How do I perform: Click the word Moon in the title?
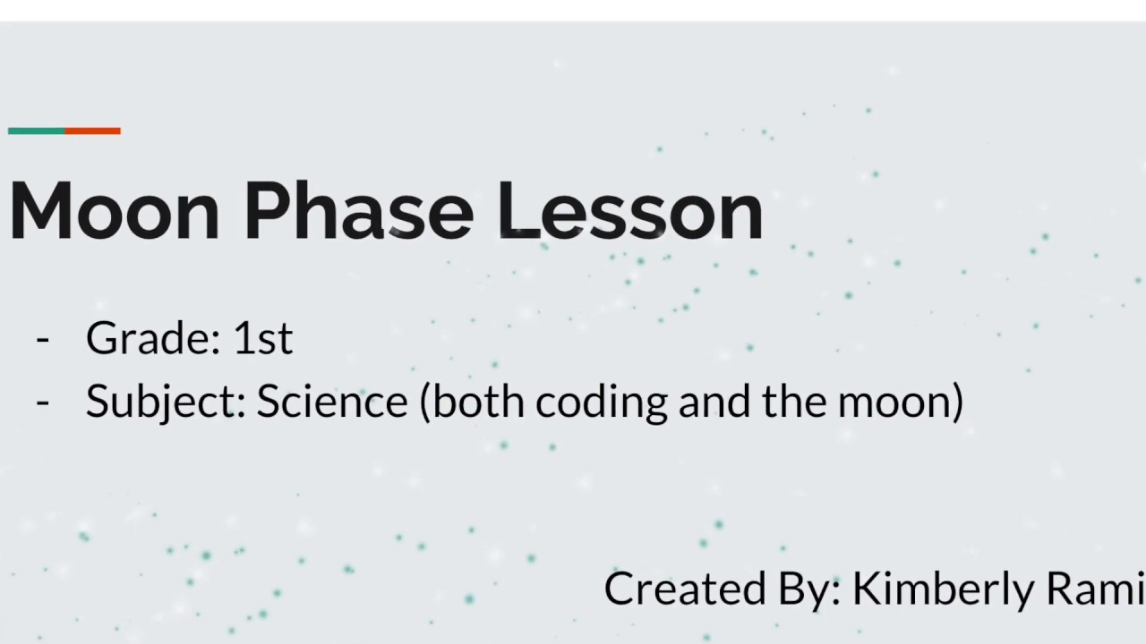[x=115, y=211]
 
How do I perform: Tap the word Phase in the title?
[x=358, y=211]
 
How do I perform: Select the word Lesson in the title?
[x=629, y=211]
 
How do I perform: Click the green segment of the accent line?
[x=36, y=131]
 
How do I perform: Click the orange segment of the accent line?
[x=92, y=131]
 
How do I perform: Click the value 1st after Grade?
[x=262, y=338]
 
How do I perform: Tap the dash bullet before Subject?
[x=43, y=402]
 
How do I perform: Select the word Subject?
[x=166, y=402]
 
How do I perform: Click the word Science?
[x=332, y=401]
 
